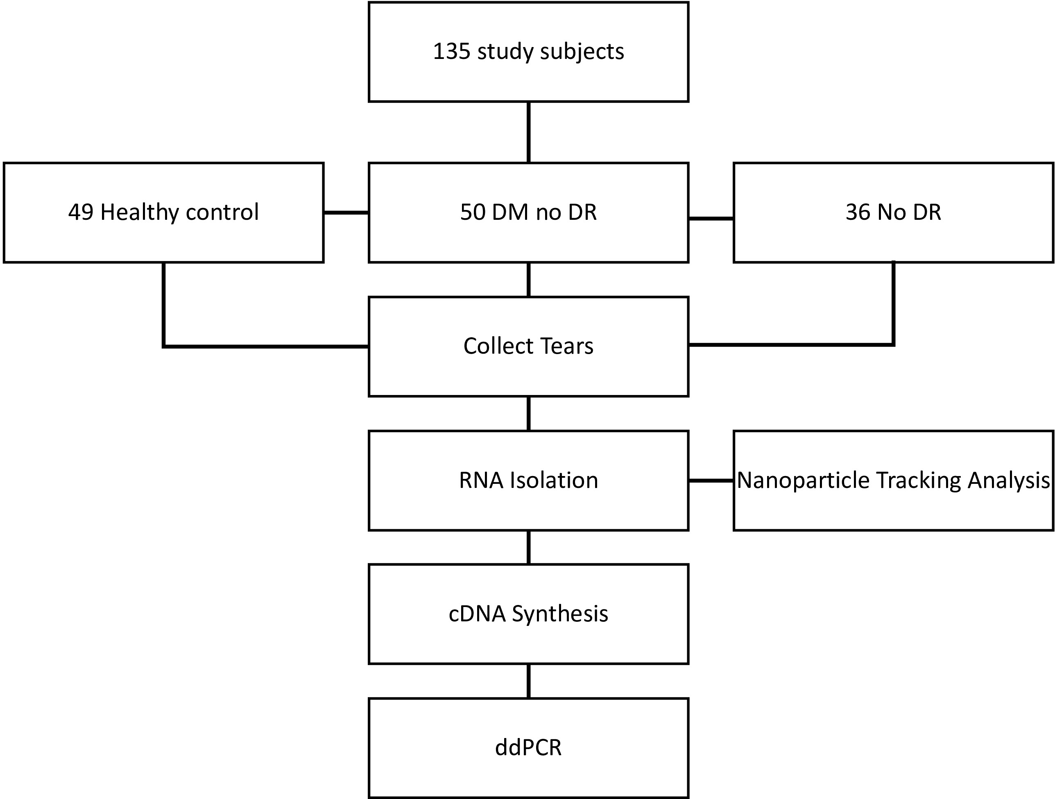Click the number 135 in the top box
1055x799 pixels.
click(452, 52)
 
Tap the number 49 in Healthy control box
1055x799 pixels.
click(81, 212)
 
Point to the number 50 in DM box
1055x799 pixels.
click(473, 212)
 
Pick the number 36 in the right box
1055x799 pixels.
click(858, 212)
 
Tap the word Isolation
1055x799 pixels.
click(554, 480)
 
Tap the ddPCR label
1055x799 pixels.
click(528, 747)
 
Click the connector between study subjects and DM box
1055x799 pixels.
click(528, 132)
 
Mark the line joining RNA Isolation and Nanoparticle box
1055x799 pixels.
click(711, 481)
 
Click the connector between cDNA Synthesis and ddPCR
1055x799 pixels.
click(528, 681)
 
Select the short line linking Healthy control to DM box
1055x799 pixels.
click(346, 212)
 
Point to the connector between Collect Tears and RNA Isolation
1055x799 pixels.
click(528, 413)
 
